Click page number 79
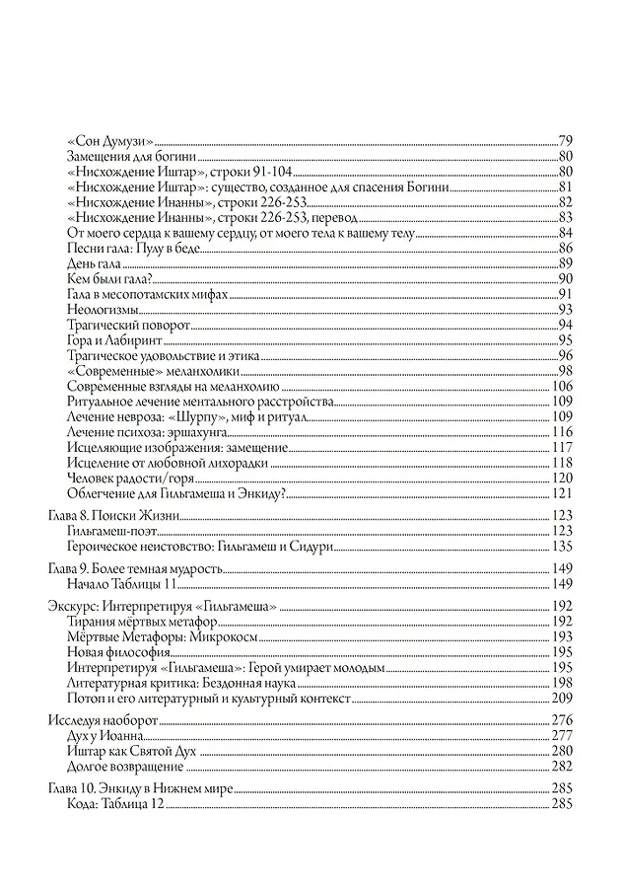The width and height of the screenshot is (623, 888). [565, 139]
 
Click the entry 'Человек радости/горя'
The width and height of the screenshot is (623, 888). [129, 479]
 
